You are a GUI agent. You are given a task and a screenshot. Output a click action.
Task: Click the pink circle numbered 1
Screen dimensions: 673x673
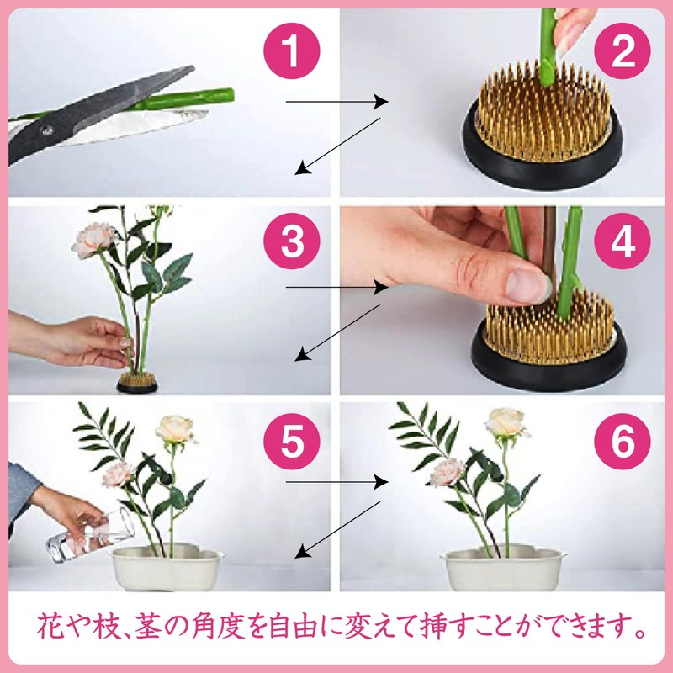[290, 51]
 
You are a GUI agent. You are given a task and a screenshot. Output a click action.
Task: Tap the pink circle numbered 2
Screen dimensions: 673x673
[623, 51]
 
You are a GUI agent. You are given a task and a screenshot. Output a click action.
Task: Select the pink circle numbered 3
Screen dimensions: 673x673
[290, 242]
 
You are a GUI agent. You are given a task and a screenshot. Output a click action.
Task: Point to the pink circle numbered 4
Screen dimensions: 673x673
[623, 242]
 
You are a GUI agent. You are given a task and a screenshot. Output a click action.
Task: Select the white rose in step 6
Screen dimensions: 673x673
[506, 423]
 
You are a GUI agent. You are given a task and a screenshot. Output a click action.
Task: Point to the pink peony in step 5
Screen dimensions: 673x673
[119, 473]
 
